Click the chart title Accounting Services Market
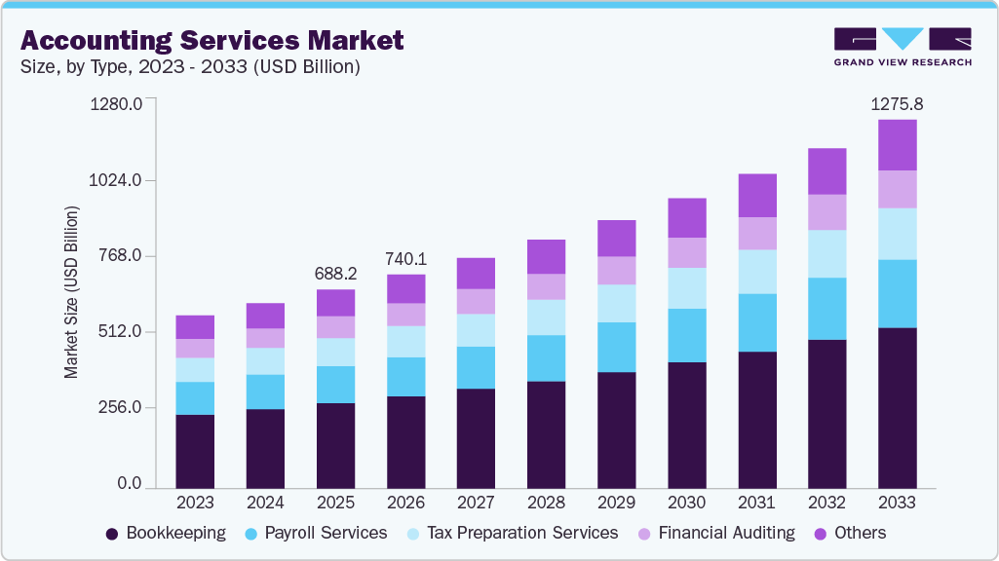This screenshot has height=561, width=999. (211, 41)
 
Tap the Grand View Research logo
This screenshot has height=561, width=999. (903, 46)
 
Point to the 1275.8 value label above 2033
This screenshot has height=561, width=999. (897, 103)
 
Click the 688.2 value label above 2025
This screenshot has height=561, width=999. (335, 274)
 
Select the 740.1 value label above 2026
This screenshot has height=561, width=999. (405, 259)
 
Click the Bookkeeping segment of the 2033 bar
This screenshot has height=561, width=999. (897, 407)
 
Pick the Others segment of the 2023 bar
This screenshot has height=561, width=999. (195, 327)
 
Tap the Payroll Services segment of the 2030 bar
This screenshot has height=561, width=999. (686, 335)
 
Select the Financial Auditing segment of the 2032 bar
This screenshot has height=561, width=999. (826, 212)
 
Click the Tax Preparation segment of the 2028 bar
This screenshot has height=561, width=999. (546, 318)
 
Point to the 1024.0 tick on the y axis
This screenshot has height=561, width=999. (116, 180)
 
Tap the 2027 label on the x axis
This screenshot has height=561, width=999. (476, 503)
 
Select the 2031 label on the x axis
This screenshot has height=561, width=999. (756, 503)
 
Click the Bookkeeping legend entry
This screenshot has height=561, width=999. (166, 533)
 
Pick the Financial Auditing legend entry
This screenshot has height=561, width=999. (715, 533)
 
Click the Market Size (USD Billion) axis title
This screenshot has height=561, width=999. (71, 291)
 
